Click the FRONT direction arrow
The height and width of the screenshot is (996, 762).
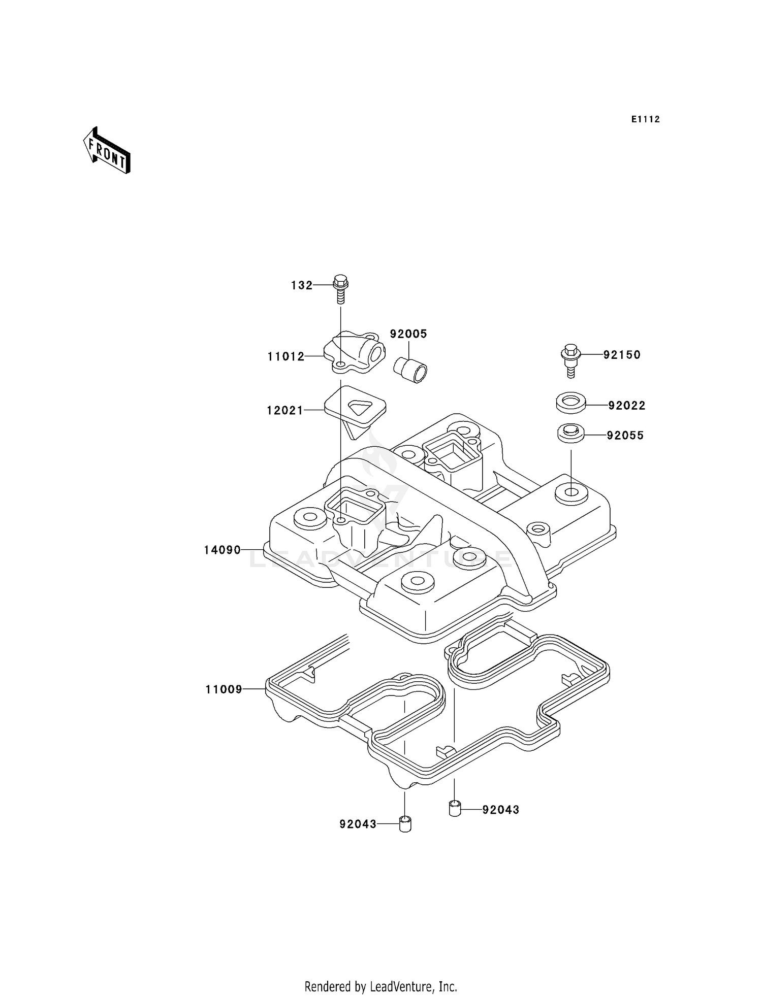pos(107,151)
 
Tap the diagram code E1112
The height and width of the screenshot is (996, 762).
pos(646,119)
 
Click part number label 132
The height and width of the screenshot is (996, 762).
pos(302,285)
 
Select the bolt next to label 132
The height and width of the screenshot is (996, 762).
pos(341,289)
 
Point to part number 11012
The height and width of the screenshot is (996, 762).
pos(286,356)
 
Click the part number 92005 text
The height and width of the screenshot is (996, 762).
pos(408,334)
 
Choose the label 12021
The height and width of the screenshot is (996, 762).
pos(285,410)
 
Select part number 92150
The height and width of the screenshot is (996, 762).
pos(622,355)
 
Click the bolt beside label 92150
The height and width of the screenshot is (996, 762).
pos(570,361)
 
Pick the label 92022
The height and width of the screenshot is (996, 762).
pos(627,405)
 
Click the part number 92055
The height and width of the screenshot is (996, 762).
pos(625,435)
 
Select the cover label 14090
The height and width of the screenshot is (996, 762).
pos(223,550)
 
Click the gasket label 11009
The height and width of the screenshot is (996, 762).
pos(224,689)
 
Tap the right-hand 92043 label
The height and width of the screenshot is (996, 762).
pos(501,810)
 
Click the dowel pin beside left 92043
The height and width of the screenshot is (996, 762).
pos(405,824)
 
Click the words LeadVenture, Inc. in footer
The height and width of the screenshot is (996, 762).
pos(414,986)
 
